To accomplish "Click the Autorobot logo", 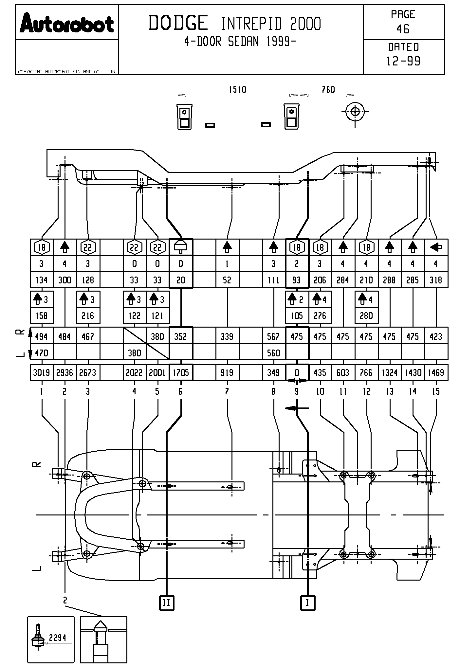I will coord(67,23).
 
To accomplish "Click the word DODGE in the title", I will coord(178,23).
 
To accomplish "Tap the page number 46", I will coord(403,29).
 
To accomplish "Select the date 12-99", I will coord(403,61).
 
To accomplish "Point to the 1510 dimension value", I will coord(237,89).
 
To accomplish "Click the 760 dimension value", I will coord(328,89).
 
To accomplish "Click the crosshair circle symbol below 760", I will coord(355,112).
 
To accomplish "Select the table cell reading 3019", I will coord(41,372).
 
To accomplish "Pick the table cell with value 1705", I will coord(181,372).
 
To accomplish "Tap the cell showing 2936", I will coord(64,372).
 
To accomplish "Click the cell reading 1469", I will coord(436,372).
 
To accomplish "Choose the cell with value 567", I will coord(273,336).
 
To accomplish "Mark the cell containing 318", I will coord(436,280).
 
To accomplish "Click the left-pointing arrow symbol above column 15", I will coord(436,247).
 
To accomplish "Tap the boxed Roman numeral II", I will coord(167,603).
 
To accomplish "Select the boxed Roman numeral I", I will coord(307,603).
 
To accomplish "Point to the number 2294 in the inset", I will coord(58,638).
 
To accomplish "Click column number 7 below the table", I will coord(227,391).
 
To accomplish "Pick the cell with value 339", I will coord(227,336).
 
